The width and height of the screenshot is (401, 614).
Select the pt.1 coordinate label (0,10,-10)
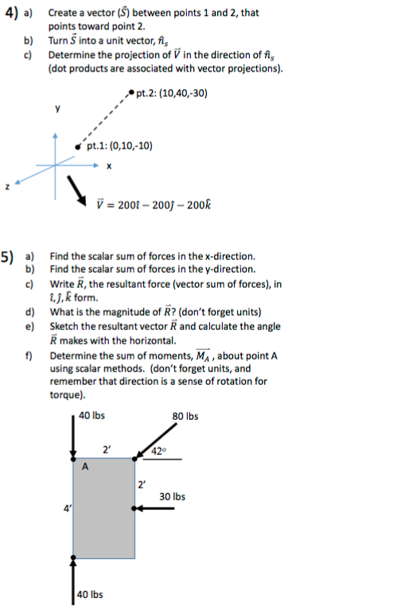point(120,146)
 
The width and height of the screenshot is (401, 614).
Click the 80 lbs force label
point(185,416)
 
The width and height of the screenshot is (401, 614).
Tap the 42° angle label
point(159,453)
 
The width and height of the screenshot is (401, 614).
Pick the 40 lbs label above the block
point(92,416)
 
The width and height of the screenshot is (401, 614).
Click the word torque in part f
point(65,394)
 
